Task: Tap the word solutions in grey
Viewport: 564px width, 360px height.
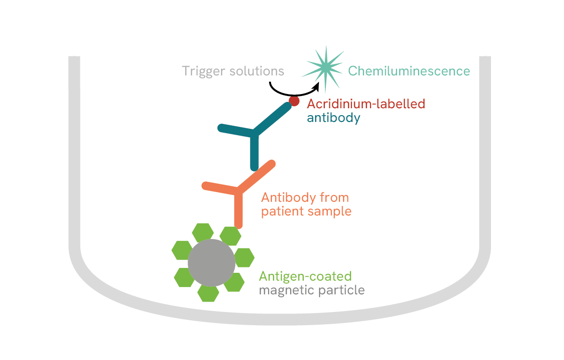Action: click(x=257, y=72)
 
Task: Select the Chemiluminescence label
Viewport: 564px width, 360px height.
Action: click(x=409, y=72)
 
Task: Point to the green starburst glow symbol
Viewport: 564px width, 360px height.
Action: click(x=324, y=69)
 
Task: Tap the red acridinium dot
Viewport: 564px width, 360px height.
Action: click(x=294, y=101)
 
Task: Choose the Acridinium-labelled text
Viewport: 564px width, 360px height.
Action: click(x=366, y=104)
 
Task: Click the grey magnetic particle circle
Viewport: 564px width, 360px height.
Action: click(x=211, y=263)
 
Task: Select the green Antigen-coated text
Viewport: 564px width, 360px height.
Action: click(x=305, y=276)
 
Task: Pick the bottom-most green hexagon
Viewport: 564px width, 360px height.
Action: click(x=208, y=292)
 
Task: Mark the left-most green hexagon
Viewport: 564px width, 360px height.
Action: click(x=181, y=250)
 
